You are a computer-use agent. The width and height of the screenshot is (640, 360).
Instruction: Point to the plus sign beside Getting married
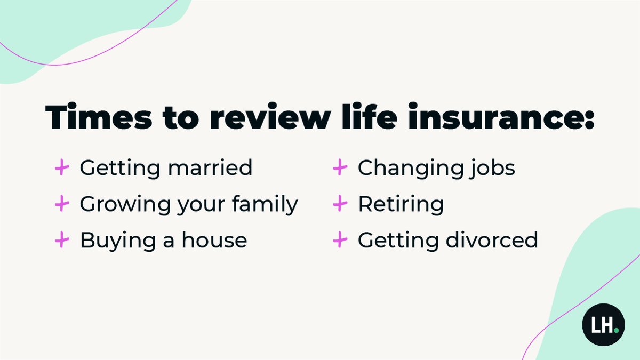(62, 169)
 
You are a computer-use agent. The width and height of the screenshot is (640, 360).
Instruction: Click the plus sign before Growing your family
(62, 204)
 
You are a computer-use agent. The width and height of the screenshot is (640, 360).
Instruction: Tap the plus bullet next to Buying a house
(62, 241)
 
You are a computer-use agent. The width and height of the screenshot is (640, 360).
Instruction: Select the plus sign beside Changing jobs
(340, 169)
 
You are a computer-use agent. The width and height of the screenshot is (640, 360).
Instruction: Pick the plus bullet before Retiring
(340, 204)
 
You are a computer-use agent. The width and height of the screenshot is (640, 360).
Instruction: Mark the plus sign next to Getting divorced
(340, 241)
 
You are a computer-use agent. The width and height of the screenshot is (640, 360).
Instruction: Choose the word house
(214, 241)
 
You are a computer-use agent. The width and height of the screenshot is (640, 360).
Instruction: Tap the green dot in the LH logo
(616, 330)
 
